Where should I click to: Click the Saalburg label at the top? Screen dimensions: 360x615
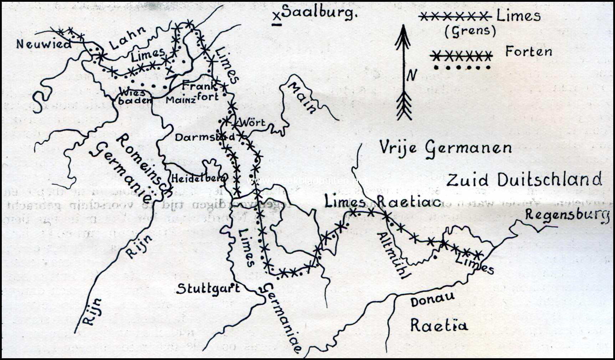point(319,14)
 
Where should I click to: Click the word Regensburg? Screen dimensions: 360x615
point(567,215)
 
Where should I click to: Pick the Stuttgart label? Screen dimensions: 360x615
point(208,289)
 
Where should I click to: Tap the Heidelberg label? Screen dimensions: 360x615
point(199,178)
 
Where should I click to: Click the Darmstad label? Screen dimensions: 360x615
point(204,137)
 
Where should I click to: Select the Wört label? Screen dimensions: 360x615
point(252,123)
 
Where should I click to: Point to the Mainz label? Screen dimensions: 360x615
point(181,100)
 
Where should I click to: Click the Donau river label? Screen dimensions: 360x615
point(432,299)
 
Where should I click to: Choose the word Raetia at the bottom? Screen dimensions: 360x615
point(439,325)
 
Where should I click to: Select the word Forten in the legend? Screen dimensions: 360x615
point(528,52)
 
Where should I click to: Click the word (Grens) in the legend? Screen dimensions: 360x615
point(470,32)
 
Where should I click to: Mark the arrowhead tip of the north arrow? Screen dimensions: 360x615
point(403,26)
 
